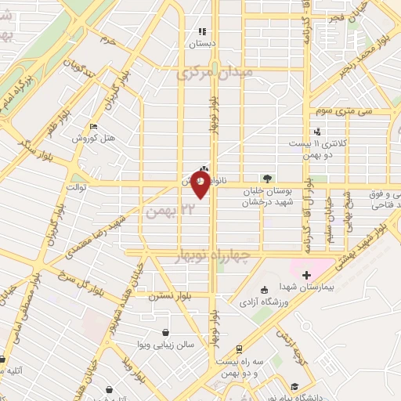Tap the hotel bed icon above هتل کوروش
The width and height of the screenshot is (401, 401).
(x=94, y=127)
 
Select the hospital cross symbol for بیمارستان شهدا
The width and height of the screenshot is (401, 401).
(x=306, y=275)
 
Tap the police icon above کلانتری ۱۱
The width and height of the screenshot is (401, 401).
(x=317, y=132)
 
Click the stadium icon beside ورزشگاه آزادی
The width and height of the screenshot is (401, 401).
(x=264, y=290)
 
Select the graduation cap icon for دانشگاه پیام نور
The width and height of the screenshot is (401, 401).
(x=294, y=385)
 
